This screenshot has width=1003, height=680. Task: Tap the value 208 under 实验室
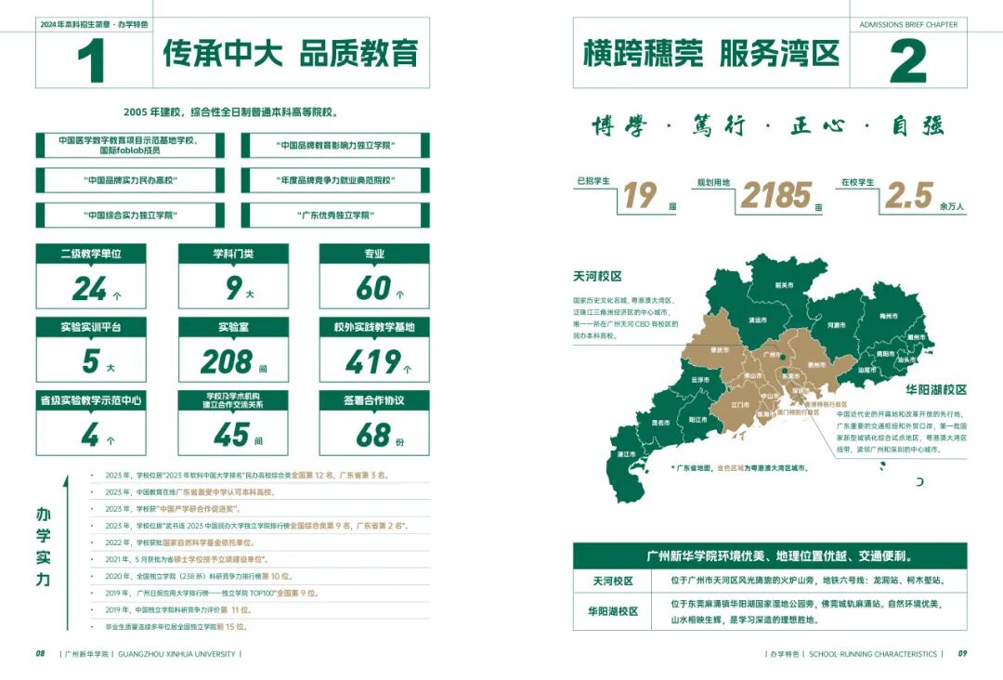(228, 360)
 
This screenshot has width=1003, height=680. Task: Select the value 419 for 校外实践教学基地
(372, 360)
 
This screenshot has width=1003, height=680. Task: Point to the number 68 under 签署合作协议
(373, 434)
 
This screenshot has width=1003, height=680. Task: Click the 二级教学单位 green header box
(91, 254)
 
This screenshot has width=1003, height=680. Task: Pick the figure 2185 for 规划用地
(776, 195)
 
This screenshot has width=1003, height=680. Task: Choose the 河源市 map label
(836, 325)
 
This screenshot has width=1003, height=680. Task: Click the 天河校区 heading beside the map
(597, 277)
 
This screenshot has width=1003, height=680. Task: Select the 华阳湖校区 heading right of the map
(935, 390)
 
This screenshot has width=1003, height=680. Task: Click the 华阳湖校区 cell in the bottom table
(613, 611)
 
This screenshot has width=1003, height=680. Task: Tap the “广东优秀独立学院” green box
(334, 216)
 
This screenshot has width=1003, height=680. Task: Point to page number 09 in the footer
(962, 654)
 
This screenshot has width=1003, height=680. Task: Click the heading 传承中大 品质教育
(291, 53)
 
